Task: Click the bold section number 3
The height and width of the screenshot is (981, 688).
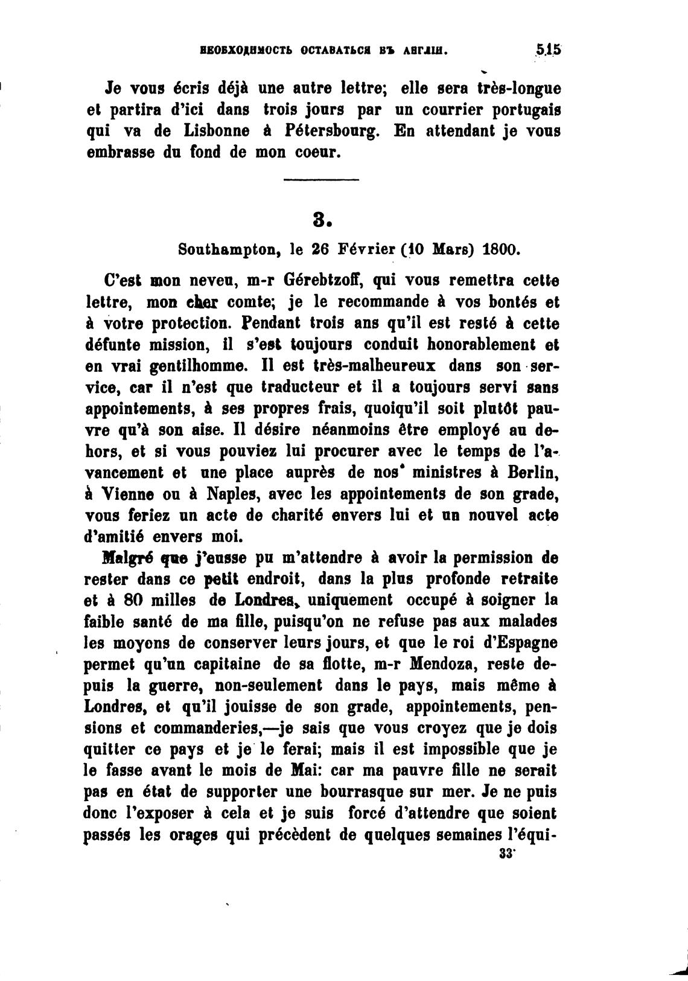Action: click(x=323, y=219)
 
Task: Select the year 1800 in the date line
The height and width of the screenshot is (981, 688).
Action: click(x=500, y=250)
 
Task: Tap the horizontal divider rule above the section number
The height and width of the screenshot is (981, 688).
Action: click(x=321, y=179)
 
